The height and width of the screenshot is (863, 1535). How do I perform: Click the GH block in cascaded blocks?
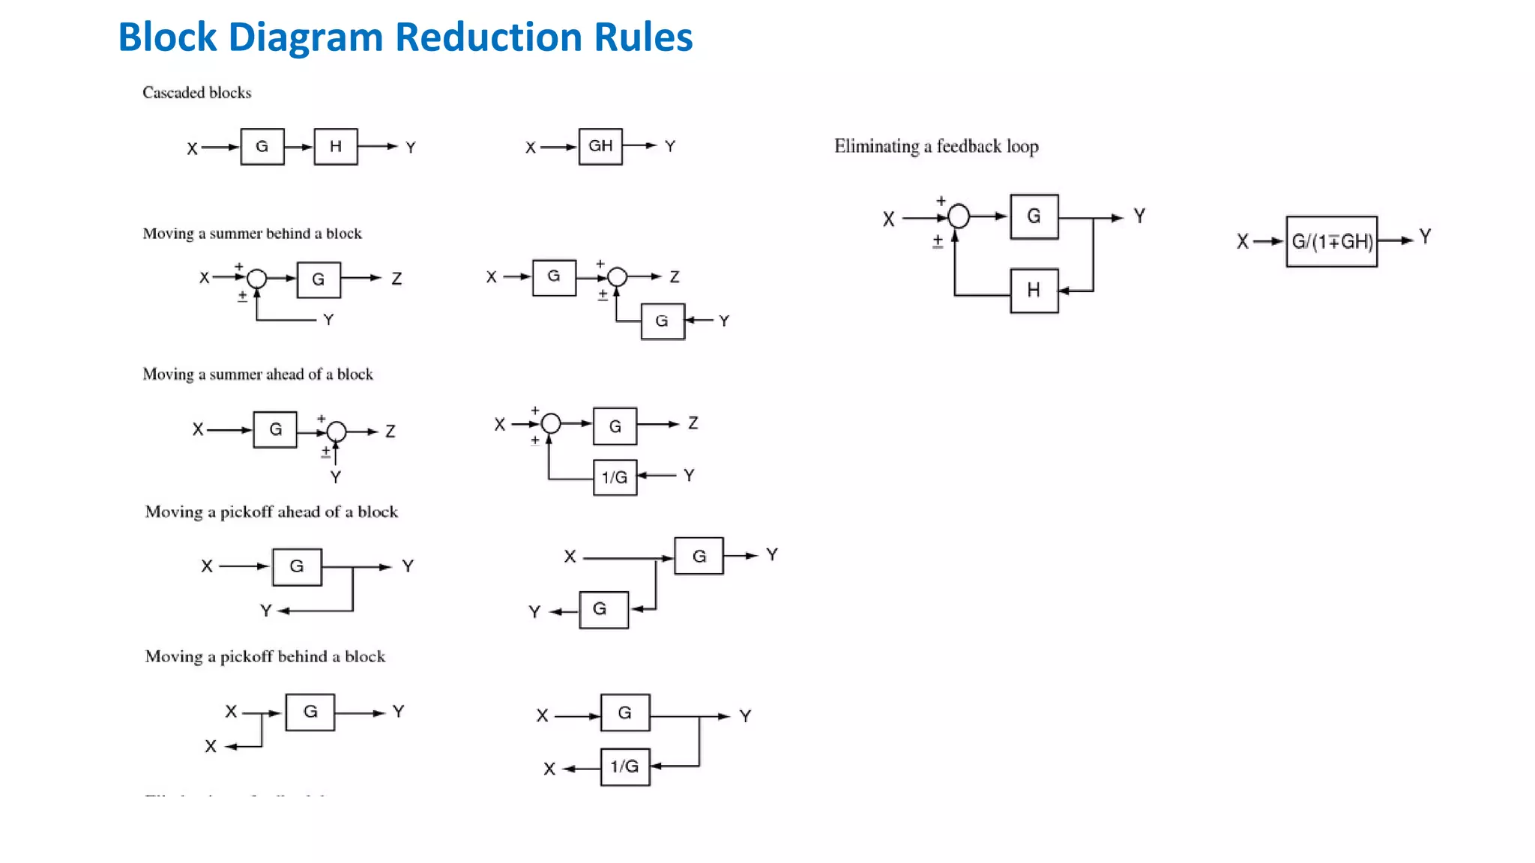(x=600, y=146)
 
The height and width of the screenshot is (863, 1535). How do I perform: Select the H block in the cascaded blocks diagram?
(x=335, y=147)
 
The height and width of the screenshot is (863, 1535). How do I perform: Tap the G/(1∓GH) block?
(x=1332, y=241)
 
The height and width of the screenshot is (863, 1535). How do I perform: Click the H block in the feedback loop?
(x=1034, y=290)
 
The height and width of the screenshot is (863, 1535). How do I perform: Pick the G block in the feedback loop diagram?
(x=1034, y=216)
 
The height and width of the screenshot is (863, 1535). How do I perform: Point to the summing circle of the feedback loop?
(x=959, y=216)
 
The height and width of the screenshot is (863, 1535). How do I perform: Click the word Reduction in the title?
(x=489, y=37)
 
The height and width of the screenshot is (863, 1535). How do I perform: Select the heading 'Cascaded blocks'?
(x=196, y=93)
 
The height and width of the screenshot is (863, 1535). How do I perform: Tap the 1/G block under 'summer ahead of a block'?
(x=615, y=477)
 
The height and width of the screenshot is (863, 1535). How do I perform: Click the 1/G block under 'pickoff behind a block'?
(x=624, y=766)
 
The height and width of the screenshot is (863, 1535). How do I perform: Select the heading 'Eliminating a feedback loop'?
(x=936, y=146)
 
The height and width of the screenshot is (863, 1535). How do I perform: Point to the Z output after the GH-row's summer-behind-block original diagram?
(x=396, y=279)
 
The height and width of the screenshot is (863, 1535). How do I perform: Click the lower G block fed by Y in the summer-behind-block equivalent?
(x=662, y=321)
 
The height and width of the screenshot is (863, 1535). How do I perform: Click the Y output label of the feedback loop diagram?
(x=1139, y=216)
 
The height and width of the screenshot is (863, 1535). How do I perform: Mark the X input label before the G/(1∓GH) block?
(x=1242, y=242)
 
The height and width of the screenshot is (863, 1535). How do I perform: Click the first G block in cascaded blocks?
(x=262, y=147)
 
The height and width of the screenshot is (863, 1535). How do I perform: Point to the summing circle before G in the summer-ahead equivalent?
(x=551, y=424)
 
